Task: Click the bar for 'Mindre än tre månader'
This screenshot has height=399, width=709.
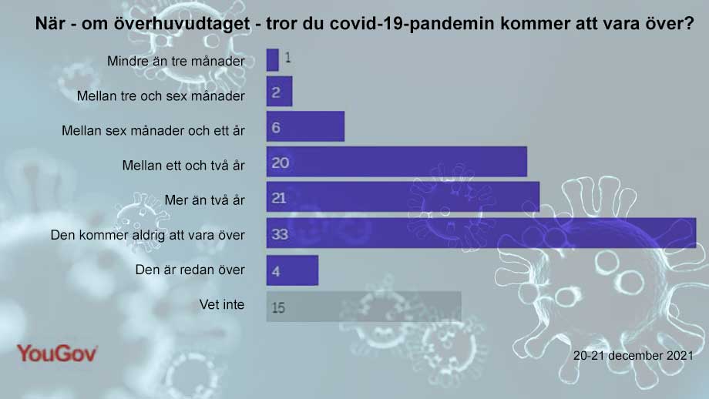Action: (x=272, y=59)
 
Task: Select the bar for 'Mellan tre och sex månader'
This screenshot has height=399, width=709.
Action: (x=279, y=92)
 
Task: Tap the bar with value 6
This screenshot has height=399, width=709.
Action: (x=305, y=126)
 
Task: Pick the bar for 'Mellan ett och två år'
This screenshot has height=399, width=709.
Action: (x=396, y=162)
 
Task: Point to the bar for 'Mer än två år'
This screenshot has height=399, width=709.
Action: (x=402, y=198)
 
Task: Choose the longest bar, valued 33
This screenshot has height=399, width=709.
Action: (x=481, y=233)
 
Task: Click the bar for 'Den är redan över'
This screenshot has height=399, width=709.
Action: (x=292, y=270)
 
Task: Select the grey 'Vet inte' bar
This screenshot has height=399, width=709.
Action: (x=364, y=306)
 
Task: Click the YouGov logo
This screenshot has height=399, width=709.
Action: (x=57, y=354)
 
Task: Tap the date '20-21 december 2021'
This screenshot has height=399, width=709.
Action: (x=633, y=356)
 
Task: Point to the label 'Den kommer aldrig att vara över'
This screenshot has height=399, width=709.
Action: (x=147, y=234)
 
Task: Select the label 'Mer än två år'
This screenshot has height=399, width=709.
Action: (x=204, y=199)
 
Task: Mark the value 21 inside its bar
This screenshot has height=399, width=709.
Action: (x=280, y=199)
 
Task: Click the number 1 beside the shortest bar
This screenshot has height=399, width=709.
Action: (x=287, y=58)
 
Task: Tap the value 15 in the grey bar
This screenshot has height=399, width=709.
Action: (x=279, y=307)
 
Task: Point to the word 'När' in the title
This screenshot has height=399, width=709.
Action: (x=50, y=24)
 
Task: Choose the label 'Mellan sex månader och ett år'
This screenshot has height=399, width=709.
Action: (x=153, y=130)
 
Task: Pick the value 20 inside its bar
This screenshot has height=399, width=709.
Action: (x=280, y=163)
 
